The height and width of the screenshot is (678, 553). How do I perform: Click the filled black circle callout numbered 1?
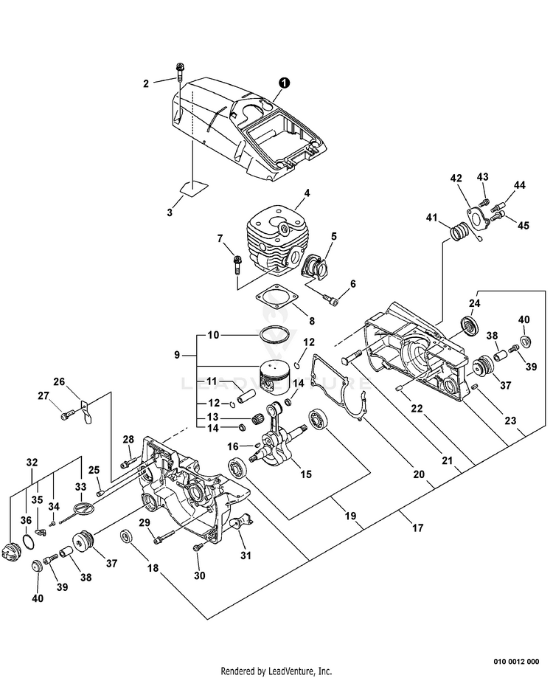click(284, 82)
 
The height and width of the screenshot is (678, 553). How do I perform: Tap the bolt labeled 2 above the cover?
click(180, 72)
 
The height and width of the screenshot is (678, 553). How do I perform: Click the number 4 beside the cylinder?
click(307, 193)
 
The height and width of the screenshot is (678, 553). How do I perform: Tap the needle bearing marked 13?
click(258, 418)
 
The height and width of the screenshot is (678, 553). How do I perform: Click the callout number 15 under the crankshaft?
click(305, 474)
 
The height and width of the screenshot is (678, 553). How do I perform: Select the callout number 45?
click(524, 226)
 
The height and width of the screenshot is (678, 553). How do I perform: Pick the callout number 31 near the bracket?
click(246, 554)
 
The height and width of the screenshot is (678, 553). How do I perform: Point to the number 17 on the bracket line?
click(418, 527)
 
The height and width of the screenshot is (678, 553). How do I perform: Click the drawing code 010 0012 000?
click(516, 662)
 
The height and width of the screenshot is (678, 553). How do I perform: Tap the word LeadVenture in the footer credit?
click(286, 671)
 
